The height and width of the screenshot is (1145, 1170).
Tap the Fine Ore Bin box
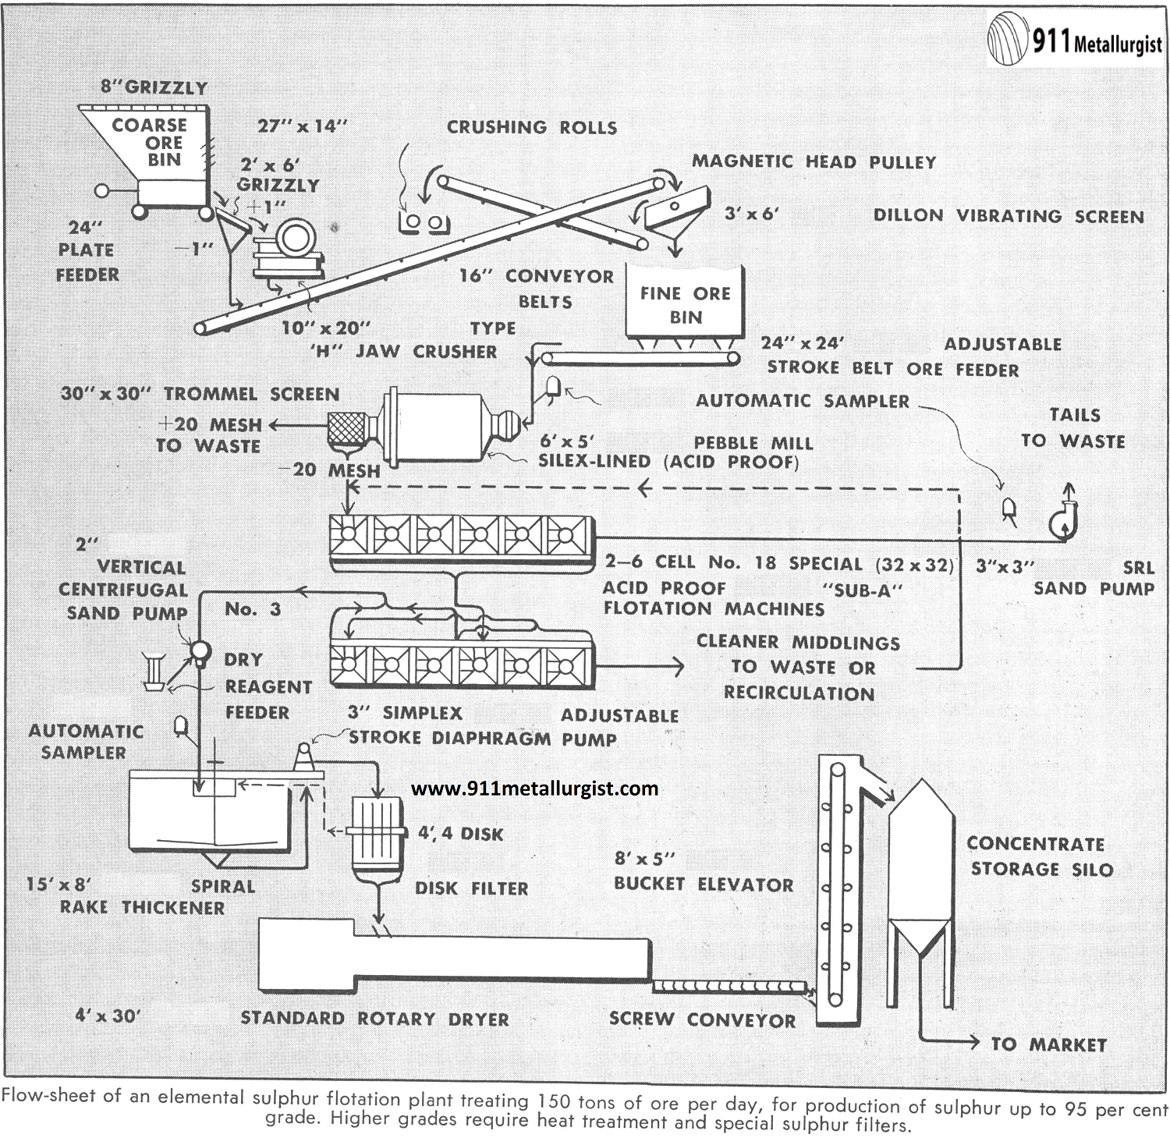(685, 304)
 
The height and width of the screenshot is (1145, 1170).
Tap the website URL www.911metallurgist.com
(534, 789)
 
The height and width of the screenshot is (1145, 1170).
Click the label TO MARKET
(1048, 1044)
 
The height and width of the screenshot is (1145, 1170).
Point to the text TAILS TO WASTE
(1073, 428)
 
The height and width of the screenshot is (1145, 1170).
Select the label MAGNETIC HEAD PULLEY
(814, 162)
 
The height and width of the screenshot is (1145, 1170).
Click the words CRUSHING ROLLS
(531, 127)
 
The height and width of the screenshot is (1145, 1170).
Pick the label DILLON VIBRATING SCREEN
(1009, 216)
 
